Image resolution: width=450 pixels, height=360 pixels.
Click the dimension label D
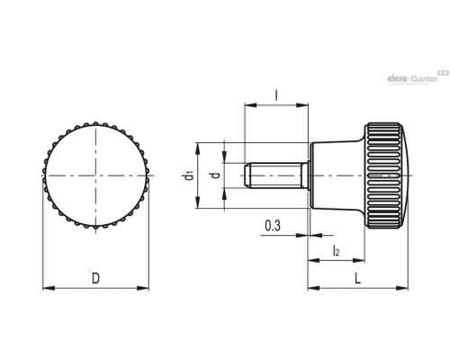pos(95,278)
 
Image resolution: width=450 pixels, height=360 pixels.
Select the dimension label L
pos(357,279)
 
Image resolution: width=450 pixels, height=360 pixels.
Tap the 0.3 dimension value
pos(273,226)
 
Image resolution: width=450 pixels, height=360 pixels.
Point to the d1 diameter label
pos(189,175)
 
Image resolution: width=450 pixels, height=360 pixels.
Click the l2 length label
pos(336,250)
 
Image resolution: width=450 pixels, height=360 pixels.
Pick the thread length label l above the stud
pos(276,95)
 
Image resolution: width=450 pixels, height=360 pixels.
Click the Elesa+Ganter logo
pos(418,77)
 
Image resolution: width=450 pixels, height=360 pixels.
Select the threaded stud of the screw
pos(276,175)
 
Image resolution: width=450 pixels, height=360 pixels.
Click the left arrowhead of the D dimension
pos(49,288)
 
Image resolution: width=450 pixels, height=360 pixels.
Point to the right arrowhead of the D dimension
pos(143,288)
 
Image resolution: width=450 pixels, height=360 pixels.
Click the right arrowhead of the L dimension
pos(402,288)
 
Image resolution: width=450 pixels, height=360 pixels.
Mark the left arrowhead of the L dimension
pos(314,288)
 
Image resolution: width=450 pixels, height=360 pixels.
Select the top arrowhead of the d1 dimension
pos(198,148)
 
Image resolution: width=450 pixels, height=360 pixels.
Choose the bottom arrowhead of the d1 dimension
pos(198,202)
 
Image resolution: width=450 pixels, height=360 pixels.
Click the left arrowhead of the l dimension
pos(251,105)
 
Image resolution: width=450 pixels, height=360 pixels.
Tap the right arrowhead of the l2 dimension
pos(358,260)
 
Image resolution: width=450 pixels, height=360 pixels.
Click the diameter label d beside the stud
pos(215,175)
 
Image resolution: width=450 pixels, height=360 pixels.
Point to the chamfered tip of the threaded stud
pos(247,175)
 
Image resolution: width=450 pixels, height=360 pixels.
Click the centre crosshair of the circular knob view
pos(95,175)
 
